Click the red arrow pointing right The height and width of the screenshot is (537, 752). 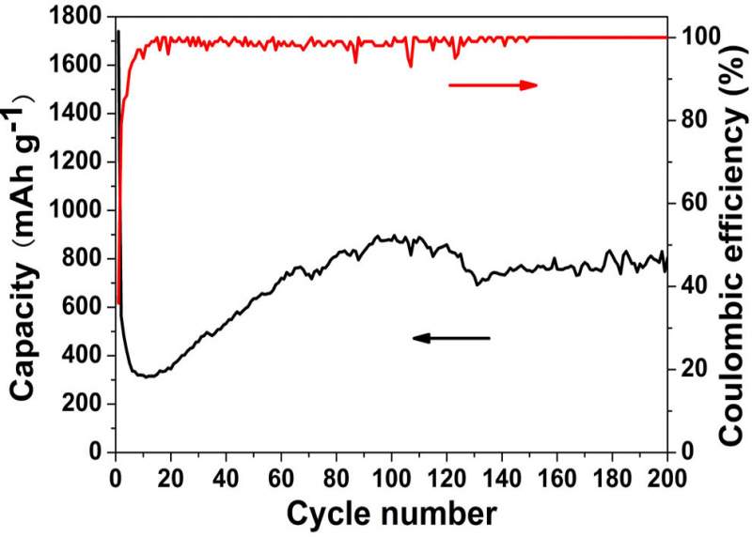[493, 85]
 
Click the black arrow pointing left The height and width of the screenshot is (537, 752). [451, 338]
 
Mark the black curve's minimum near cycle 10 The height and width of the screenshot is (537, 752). [145, 376]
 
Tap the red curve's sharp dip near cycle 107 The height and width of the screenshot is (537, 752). [410, 66]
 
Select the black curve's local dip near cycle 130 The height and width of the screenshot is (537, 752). [477, 283]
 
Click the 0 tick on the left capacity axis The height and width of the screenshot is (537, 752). [97, 453]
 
